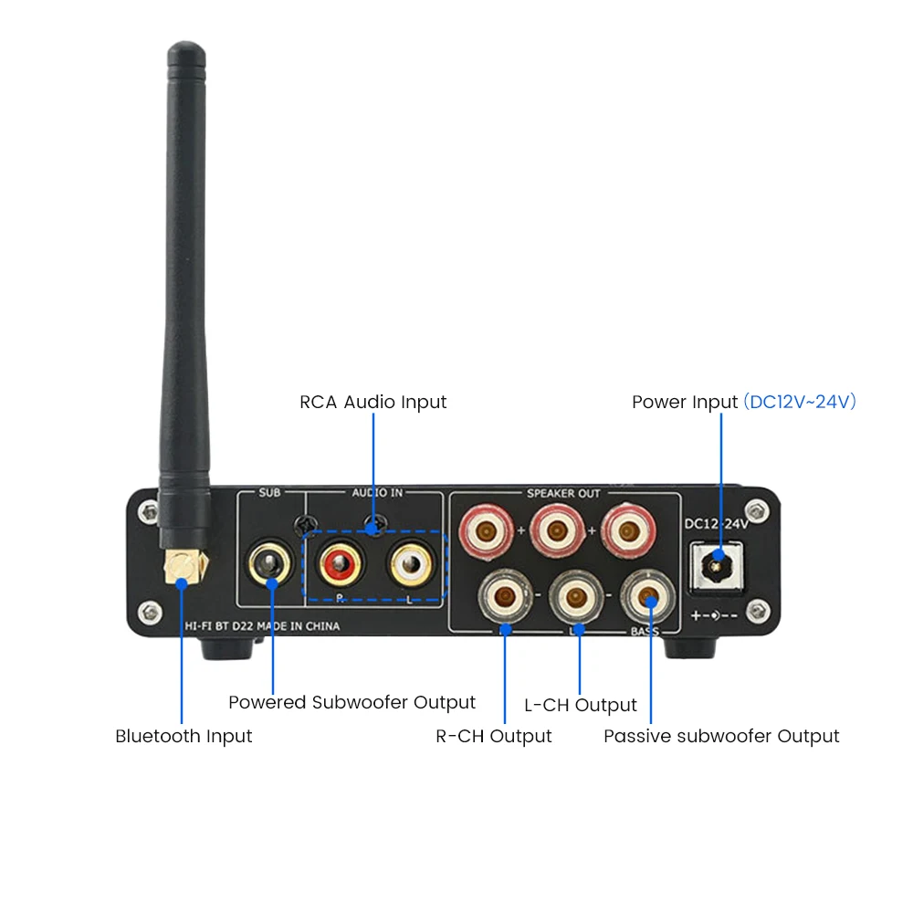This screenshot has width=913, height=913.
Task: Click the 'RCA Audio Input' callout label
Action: point(373,402)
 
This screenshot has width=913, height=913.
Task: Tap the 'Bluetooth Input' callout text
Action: point(184,736)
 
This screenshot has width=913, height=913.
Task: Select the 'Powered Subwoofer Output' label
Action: point(352,702)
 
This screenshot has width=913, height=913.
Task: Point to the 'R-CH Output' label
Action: point(494,736)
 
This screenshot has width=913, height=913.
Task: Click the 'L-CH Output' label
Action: point(581,705)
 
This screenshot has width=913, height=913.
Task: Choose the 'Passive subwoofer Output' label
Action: point(721,736)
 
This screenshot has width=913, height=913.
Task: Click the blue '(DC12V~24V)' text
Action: point(800,402)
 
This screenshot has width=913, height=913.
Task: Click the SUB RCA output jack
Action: point(270,562)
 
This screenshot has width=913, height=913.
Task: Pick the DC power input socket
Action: point(718,562)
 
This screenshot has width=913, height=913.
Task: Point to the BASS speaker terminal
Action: point(646,598)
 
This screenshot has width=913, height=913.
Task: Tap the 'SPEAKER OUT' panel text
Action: point(563,494)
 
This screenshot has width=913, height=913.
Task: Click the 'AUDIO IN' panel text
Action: point(378,494)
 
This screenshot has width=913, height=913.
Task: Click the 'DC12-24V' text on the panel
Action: point(717,524)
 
